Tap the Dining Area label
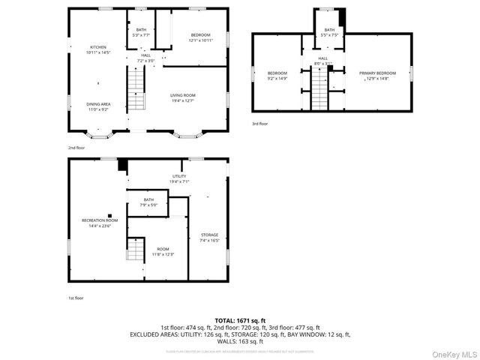(x=98, y=106)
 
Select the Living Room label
(x=182, y=97)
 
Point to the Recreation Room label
(x=100, y=223)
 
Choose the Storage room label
(x=209, y=238)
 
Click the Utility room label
(x=179, y=178)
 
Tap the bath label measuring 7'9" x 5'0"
(x=148, y=202)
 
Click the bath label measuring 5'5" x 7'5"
(x=329, y=32)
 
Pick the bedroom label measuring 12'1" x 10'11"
(x=200, y=37)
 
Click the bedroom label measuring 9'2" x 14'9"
(x=277, y=75)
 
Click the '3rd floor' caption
(x=259, y=123)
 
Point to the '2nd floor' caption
(x=76, y=148)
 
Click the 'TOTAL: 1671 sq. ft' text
(x=240, y=320)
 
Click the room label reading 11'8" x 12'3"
(x=163, y=251)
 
